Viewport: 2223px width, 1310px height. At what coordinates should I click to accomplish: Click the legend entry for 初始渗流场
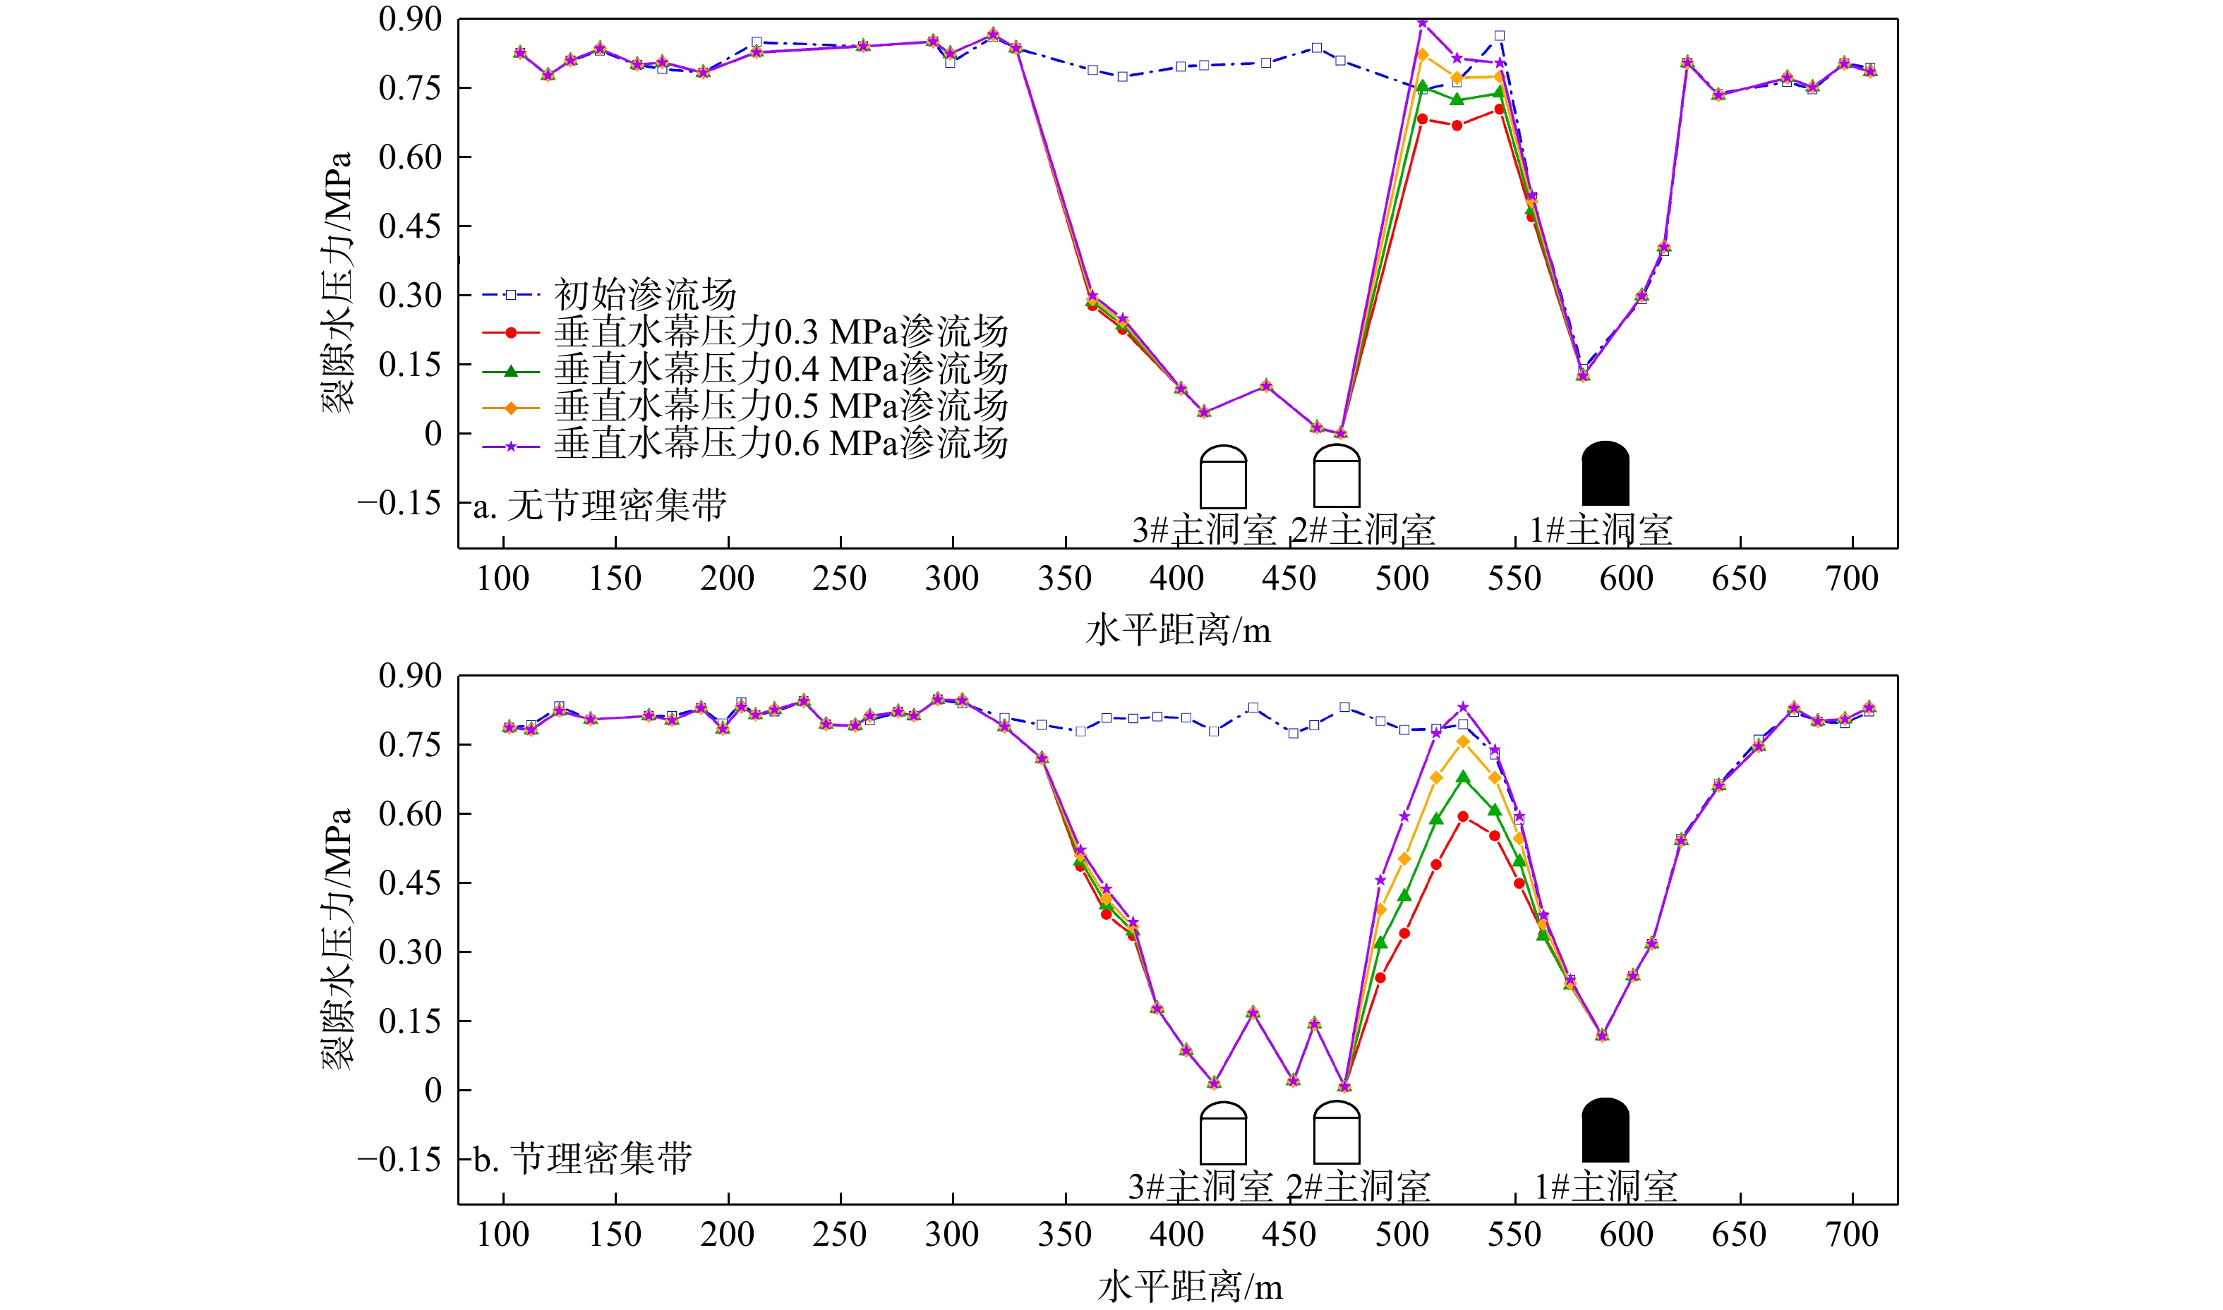pyautogui.click(x=644, y=294)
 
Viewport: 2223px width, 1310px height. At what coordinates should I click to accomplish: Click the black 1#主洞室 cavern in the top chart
pyautogui.click(x=1605, y=474)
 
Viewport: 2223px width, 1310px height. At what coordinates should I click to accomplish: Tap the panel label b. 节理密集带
pyautogui.click(x=583, y=1159)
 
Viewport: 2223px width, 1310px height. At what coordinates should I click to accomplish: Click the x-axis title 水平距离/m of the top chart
pyautogui.click(x=1178, y=630)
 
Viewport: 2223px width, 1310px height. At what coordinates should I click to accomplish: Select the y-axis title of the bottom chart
pyautogui.click(x=337, y=939)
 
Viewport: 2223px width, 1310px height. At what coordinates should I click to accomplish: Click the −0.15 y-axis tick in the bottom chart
pyautogui.click(x=399, y=1159)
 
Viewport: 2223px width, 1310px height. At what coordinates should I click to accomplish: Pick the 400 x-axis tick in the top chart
pyautogui.click(x=1177, y=579)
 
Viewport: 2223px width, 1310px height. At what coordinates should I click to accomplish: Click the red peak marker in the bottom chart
pyautogui.click(x=1463, y=816)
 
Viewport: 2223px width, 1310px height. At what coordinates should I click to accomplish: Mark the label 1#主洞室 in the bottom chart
pyautogui.click(x=1605, y=1187)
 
